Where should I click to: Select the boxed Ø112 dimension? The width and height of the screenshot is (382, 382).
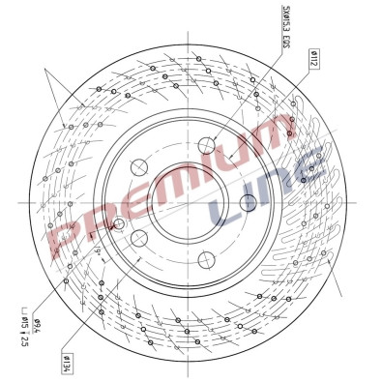pos(314,59)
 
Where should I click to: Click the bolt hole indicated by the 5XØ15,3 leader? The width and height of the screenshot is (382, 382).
pos(206,146)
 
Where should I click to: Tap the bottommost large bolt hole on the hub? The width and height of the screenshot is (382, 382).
pos(206,258)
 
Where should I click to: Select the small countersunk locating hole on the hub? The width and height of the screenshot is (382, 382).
pos(119,224)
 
